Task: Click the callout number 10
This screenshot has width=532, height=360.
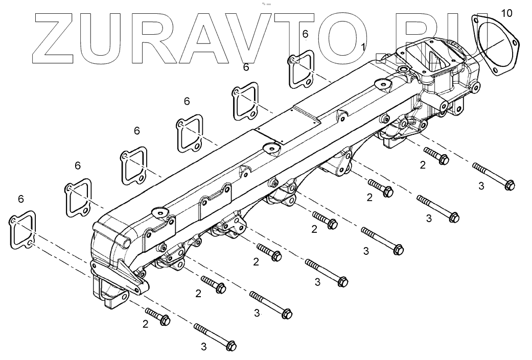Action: click(x=505, y=13)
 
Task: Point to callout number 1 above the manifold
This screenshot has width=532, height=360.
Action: click(x=363, y=47)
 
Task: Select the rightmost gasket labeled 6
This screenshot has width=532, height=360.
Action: click(x=301, y=69)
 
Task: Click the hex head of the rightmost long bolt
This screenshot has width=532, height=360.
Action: click(x=508, y=184)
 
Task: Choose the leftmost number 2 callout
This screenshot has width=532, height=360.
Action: click(x=145, y=324)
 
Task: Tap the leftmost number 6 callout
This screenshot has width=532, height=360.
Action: click(x=20, y=198)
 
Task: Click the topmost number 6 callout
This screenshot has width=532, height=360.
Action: click(x=305, y=34)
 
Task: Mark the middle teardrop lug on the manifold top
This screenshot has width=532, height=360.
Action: click(x=270, y=148)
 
